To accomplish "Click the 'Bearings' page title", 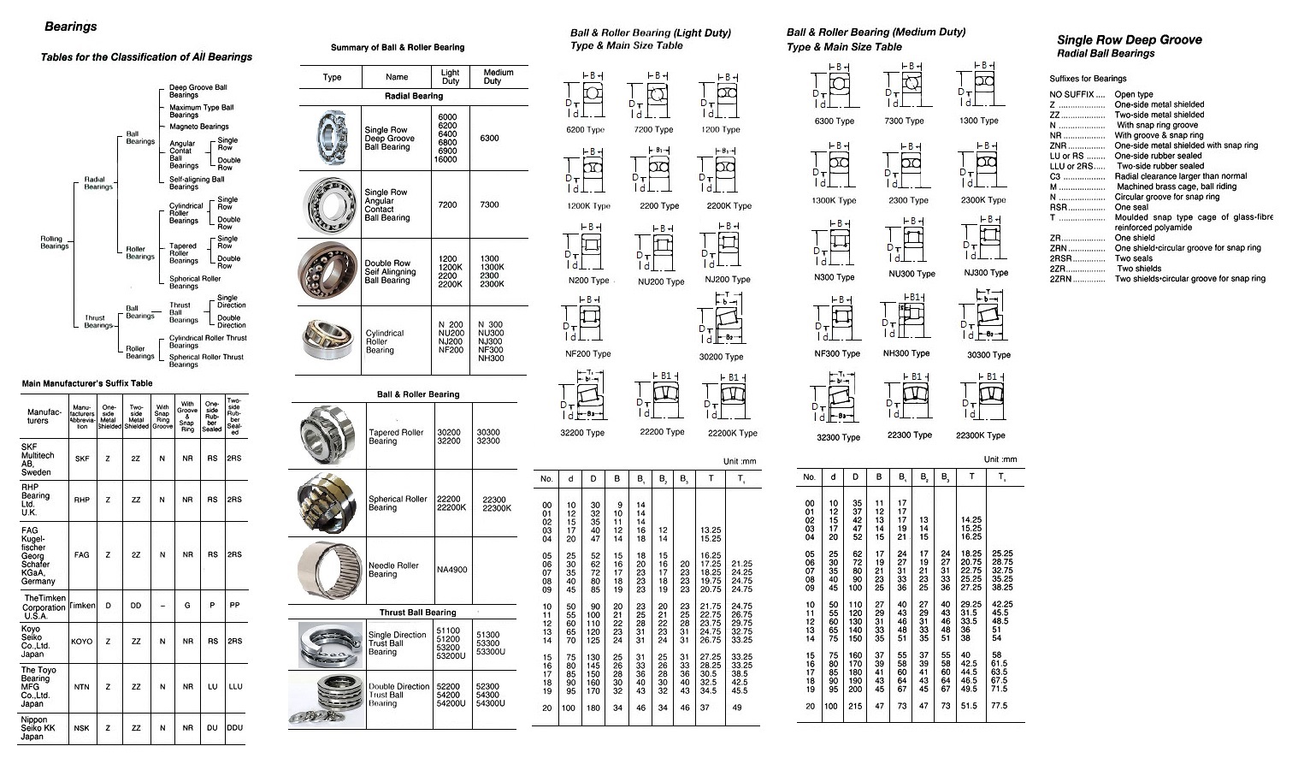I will click(70, 27).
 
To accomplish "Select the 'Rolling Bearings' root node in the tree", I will click(54, 243).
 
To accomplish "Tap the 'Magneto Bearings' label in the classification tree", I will click(198, 127).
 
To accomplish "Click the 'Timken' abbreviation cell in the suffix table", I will click(82, 606).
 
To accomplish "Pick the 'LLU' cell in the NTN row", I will click(234, 686).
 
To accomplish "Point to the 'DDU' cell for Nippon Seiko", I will click(234, 728).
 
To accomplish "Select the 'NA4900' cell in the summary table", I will click(451, 570).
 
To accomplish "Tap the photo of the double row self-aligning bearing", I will click(328, 272).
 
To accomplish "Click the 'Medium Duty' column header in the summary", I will click(499, 76).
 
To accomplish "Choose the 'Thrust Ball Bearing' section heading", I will click(417, 613).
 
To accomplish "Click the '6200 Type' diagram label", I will click(585, 130).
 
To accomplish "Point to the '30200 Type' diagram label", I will click(721, 357).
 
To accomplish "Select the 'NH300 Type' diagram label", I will click(906, 353).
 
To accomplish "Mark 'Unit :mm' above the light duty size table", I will click(739, 461).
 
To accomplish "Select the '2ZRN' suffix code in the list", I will click(1062, 279).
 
